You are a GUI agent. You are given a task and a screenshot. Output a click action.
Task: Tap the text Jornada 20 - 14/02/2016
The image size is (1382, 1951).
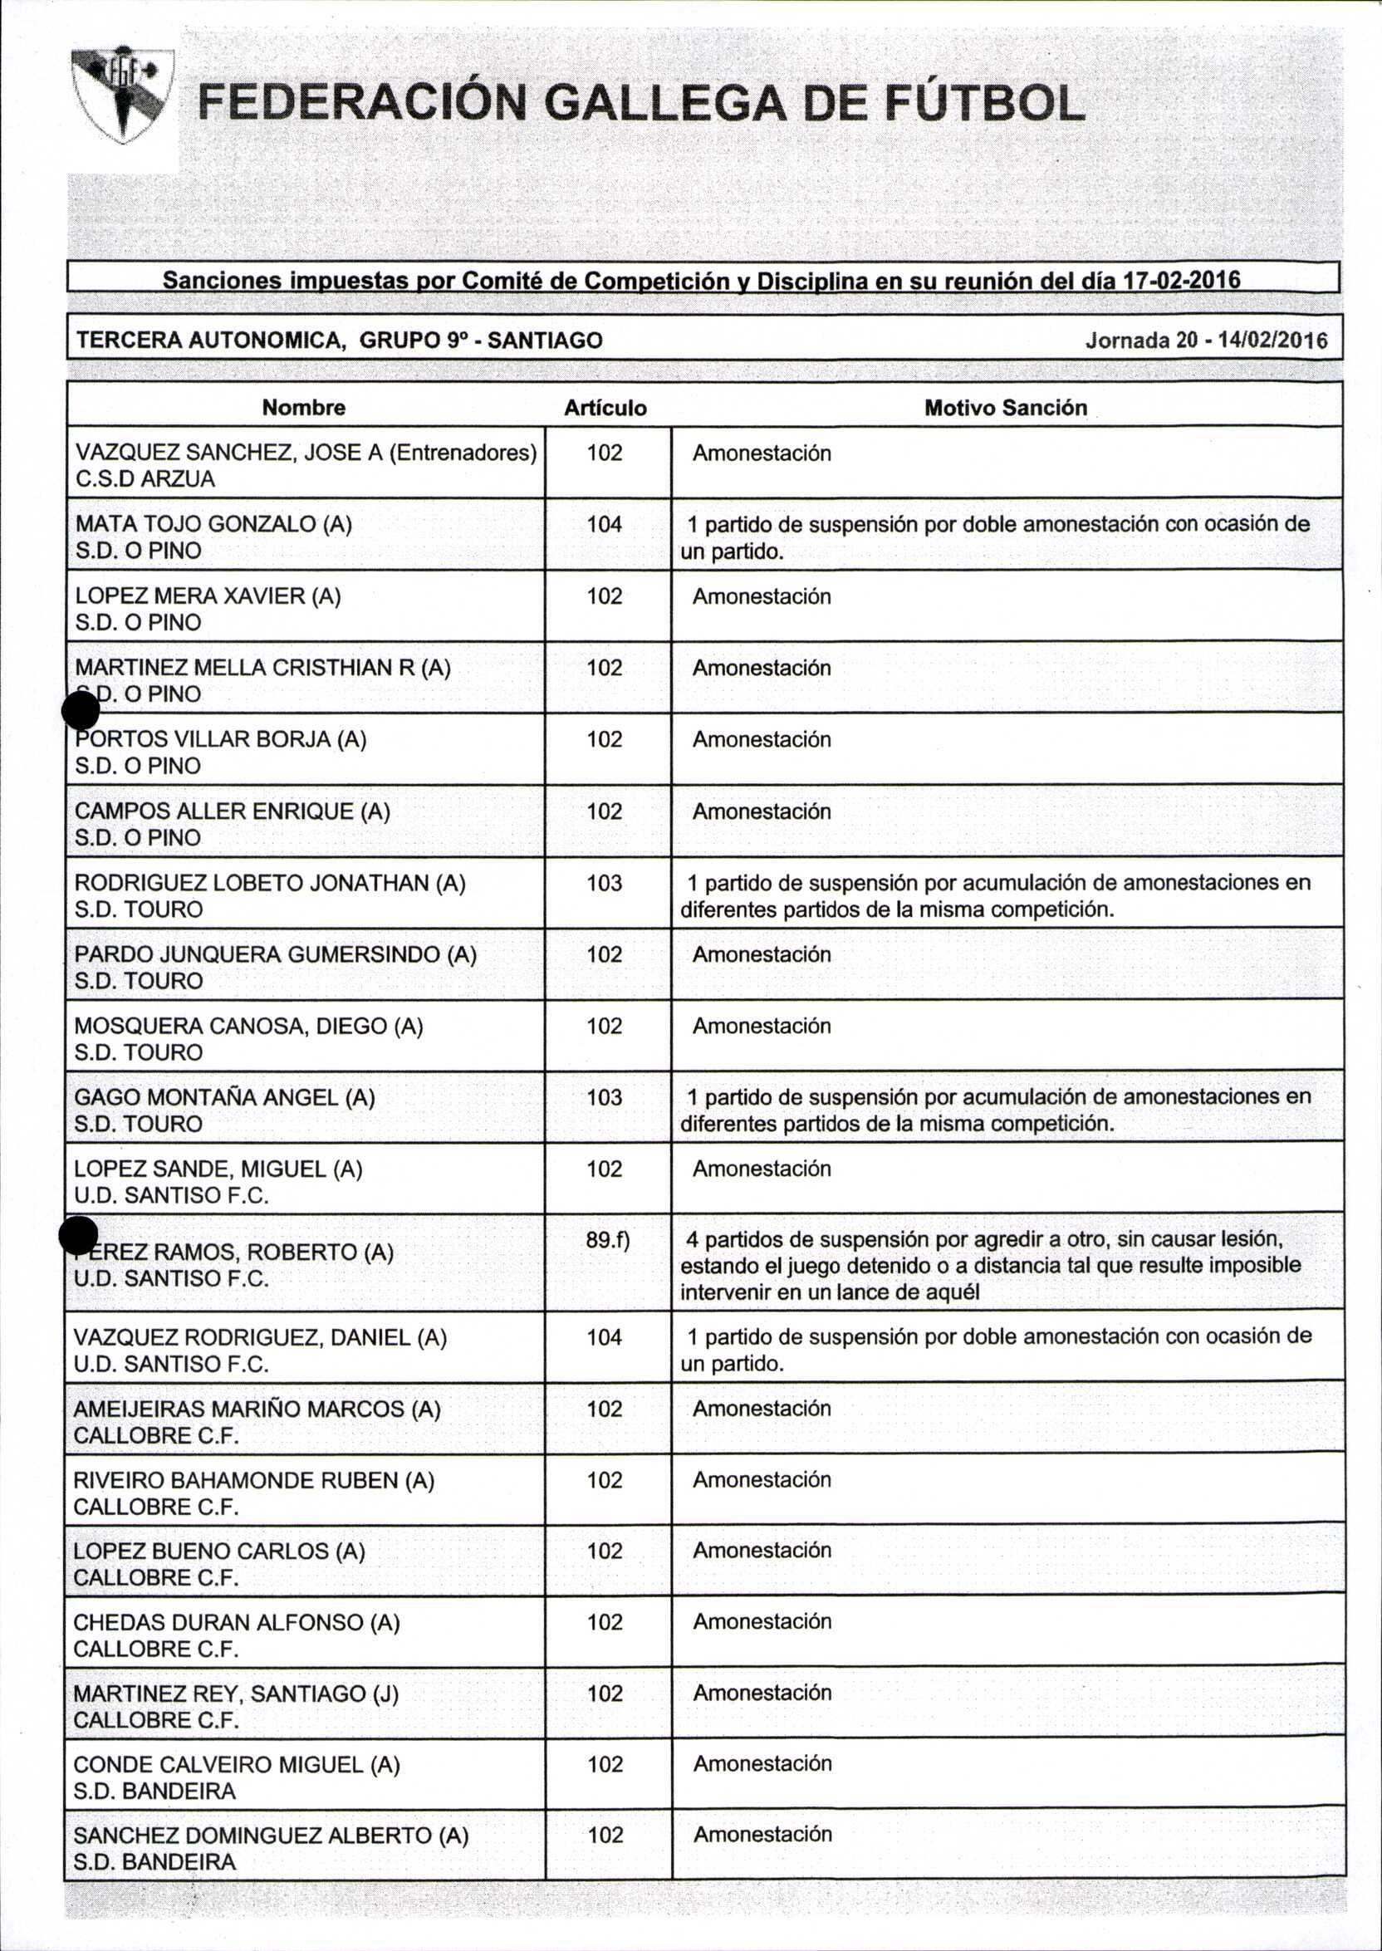click(1206, 341)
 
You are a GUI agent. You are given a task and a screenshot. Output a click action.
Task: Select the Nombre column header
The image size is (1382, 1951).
click(304, 408)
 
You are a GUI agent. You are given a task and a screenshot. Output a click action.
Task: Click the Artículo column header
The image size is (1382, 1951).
click(605, 409)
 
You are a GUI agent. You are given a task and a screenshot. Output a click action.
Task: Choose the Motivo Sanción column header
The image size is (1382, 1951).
click(1005, 408)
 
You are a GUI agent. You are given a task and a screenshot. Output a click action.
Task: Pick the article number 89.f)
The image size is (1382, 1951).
click(608, 1240)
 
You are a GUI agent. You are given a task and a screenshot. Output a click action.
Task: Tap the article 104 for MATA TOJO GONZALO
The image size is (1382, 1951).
click(605, 524)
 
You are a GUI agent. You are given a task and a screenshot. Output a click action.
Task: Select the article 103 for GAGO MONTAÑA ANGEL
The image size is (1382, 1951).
click(605, 1098)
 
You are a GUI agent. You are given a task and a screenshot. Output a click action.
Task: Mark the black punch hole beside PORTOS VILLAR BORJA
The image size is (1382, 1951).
click(81, 709)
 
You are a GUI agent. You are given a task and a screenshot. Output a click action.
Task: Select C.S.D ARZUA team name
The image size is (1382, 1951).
click(145, 479)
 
